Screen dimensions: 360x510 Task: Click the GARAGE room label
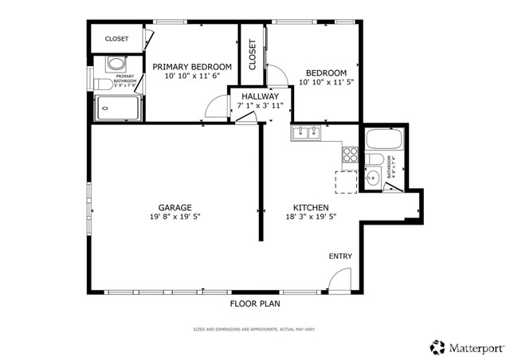(174, 207)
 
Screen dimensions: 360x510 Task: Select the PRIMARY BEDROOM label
(192, 67)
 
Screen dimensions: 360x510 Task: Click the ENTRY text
(340, 256)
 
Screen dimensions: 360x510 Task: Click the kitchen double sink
(305, 132)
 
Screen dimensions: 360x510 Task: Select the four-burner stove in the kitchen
(350, 155)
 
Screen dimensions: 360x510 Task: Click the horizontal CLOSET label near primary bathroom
(117, 38)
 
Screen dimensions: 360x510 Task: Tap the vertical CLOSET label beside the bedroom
(252, 57)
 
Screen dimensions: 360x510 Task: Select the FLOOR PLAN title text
(255, 303)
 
